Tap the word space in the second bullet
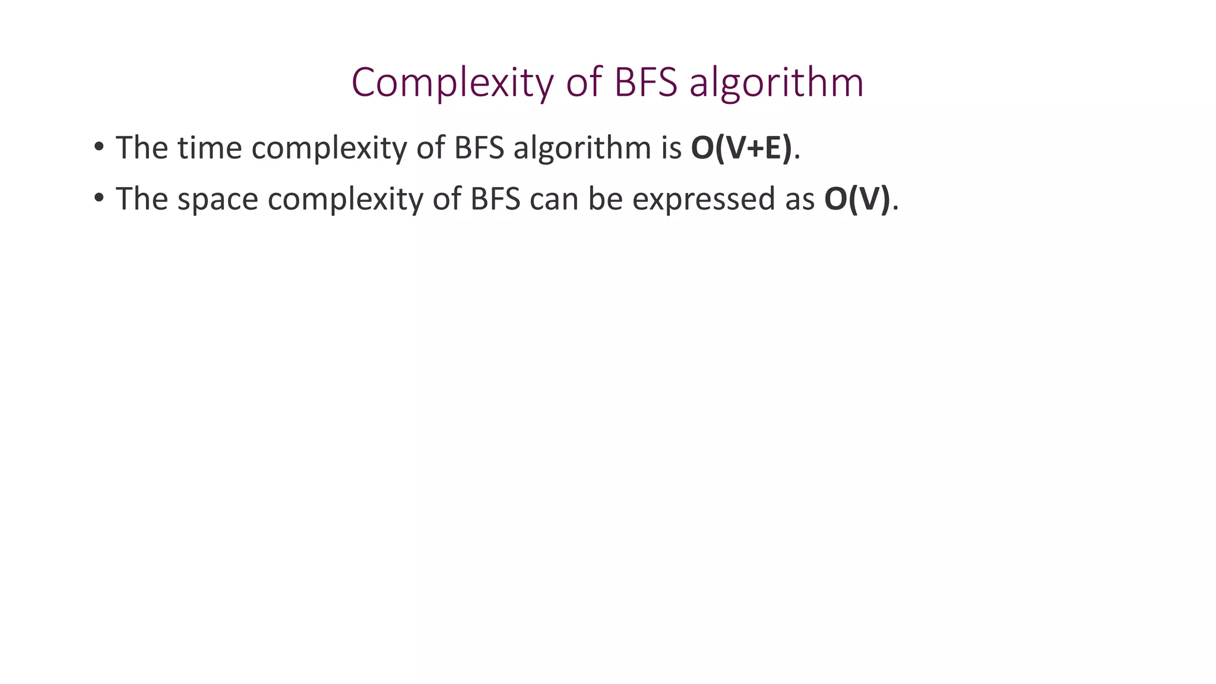[x=217, y=199]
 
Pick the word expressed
[x=704, y=199]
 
